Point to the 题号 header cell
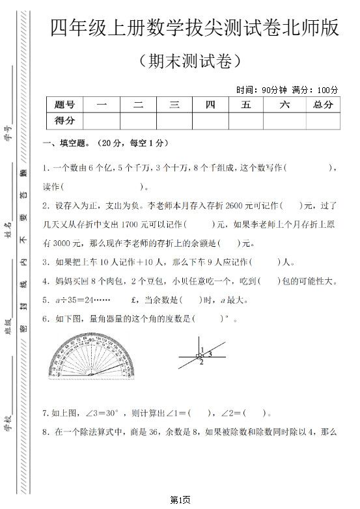[64, 104]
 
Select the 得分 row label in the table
[64, 120]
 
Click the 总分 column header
[322, 104]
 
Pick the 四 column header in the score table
[210, 104]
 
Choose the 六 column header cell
[284, 104]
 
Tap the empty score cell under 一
[102, 120]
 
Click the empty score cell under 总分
[322, 120]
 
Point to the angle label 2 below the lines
[201, 363]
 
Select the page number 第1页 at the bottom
[180, 499]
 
